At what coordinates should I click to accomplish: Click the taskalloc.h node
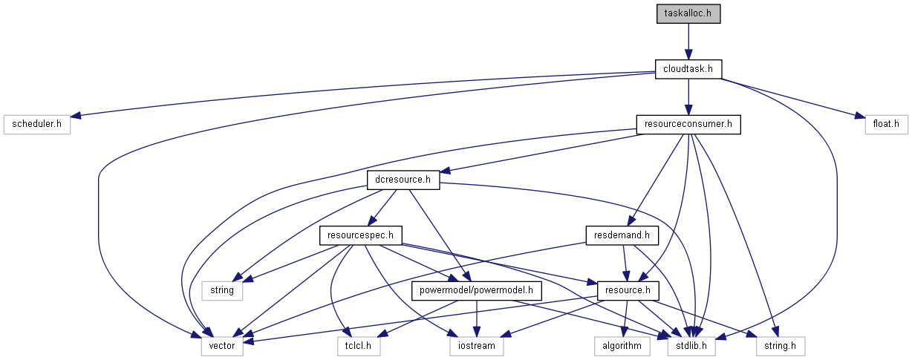[x=688, y=14]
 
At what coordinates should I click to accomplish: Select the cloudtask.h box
[x=688, y=69]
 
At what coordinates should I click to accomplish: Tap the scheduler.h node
[x=36, y=124]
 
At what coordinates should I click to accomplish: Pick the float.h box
[x=886, y=124]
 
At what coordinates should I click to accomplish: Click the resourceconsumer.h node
[x=688, y=124]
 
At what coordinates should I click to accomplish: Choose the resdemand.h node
[x=622, y=235]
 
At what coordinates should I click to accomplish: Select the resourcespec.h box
[x=360, y=235]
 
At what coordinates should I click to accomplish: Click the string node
[x=222, y=290]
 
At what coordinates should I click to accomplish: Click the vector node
[x=222, y=345]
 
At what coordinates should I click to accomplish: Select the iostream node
[x=477, y=345]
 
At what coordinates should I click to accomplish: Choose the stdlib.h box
[x=695, y=345]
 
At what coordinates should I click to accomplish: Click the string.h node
[x=779, y=345]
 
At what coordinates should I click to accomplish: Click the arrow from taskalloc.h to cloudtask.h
[x=688, y=42]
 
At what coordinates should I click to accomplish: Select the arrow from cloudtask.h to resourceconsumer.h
[x=688, y=96]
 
